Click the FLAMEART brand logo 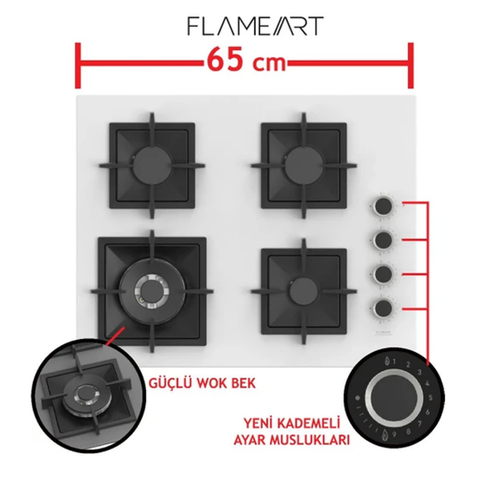pos(255,26)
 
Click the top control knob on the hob pos(383,206)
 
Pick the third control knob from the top pos(383,274)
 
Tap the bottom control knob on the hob pos(383,307)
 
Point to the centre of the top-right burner pos(303,165)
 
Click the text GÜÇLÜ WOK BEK pos(202,383)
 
